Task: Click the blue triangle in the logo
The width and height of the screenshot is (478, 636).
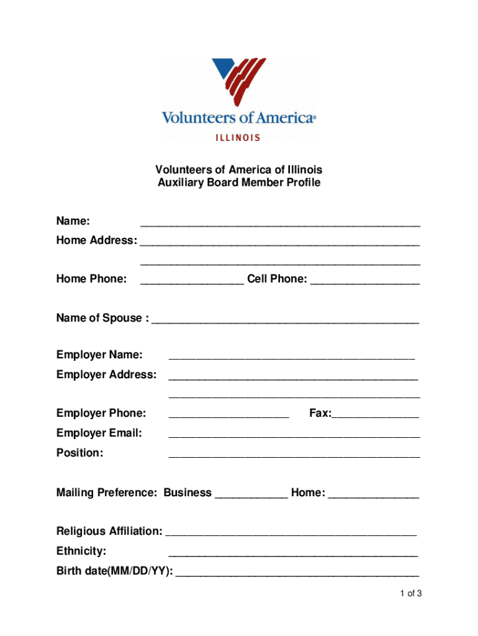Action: [x=222, y=70]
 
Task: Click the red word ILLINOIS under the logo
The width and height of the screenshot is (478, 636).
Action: [x=238, y=138]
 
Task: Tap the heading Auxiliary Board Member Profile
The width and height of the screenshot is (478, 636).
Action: [x=239, y=183]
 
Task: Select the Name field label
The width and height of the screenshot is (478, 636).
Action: [x=73, y=221]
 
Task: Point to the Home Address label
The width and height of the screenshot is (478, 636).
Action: [x=96, y=240]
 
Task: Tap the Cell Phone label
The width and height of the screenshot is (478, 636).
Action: [x=277, y=279]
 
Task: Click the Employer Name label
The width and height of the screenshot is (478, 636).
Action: [x=99, y=355]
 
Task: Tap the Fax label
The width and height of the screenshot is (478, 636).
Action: [x=320, y=414]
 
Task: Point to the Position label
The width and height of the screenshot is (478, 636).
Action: [x=79, y=453]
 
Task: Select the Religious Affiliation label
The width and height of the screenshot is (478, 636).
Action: [x=109, y=531]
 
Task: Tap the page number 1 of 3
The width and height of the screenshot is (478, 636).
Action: [x=411, y=594]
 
